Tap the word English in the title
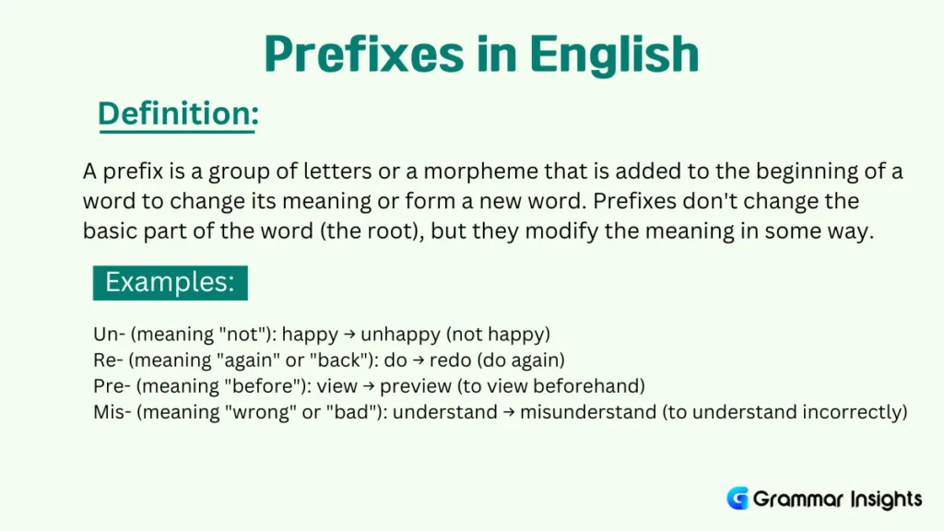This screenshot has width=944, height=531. [619, 55]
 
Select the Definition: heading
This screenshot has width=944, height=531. [177, 114]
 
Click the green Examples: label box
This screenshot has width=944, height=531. [171, 282]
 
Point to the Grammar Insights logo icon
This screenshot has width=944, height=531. [737, 499]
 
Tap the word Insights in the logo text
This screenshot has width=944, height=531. [880, 500]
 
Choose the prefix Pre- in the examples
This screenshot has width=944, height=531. [111, 385]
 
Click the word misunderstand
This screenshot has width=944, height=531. [587, 412]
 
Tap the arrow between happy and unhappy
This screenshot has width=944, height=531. [349, 334]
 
